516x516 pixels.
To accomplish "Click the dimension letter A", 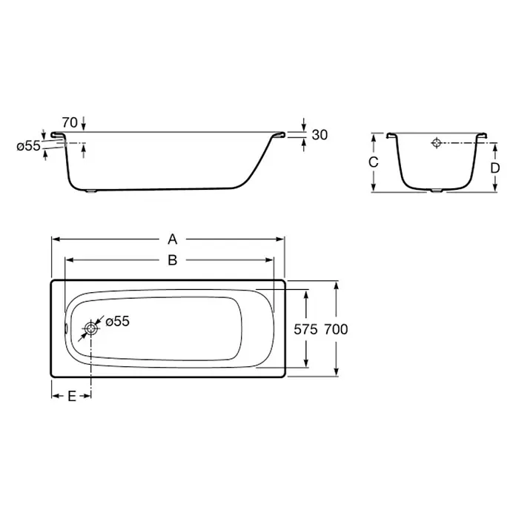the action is coord(173,239).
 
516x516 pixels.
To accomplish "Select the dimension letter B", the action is coord(173,260).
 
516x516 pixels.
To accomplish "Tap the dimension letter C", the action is coord(373,162).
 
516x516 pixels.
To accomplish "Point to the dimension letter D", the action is coord(495,168).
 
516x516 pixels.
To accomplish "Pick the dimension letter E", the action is coord(72,396).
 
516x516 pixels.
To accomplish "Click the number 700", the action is coord(336,329).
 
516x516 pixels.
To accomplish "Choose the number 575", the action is coord(305,329).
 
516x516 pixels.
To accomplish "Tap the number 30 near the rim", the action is coord(320,135).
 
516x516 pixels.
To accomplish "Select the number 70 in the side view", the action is coord(70,123).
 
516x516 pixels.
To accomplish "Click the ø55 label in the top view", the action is coord(117,322).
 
